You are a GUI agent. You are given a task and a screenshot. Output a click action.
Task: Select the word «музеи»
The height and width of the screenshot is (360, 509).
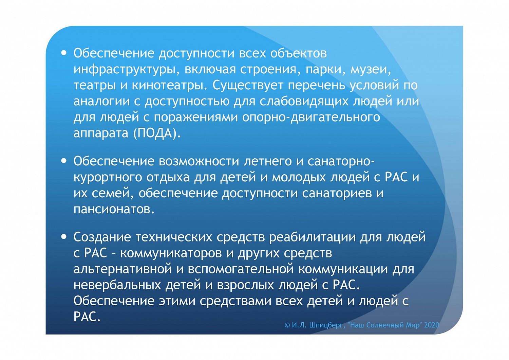[371, 69]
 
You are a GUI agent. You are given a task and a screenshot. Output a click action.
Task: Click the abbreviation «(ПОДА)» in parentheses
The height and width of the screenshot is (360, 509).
[157, 133]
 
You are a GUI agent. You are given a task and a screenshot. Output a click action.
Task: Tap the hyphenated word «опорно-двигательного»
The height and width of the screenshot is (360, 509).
[311, 117]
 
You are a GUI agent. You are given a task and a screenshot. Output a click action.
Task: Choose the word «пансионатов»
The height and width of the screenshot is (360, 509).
[114, 209]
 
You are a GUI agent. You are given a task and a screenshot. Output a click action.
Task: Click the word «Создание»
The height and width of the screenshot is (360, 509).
[102, 237]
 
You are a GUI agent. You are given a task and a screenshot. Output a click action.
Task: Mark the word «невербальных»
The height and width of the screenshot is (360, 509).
[117, 285]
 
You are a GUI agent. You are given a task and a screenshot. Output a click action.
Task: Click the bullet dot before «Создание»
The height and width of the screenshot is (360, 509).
[64, 236]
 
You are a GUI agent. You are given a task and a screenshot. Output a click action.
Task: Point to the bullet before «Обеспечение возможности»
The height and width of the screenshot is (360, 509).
[64, 161]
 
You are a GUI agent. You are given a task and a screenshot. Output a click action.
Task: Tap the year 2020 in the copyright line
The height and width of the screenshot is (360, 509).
[431, 325]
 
